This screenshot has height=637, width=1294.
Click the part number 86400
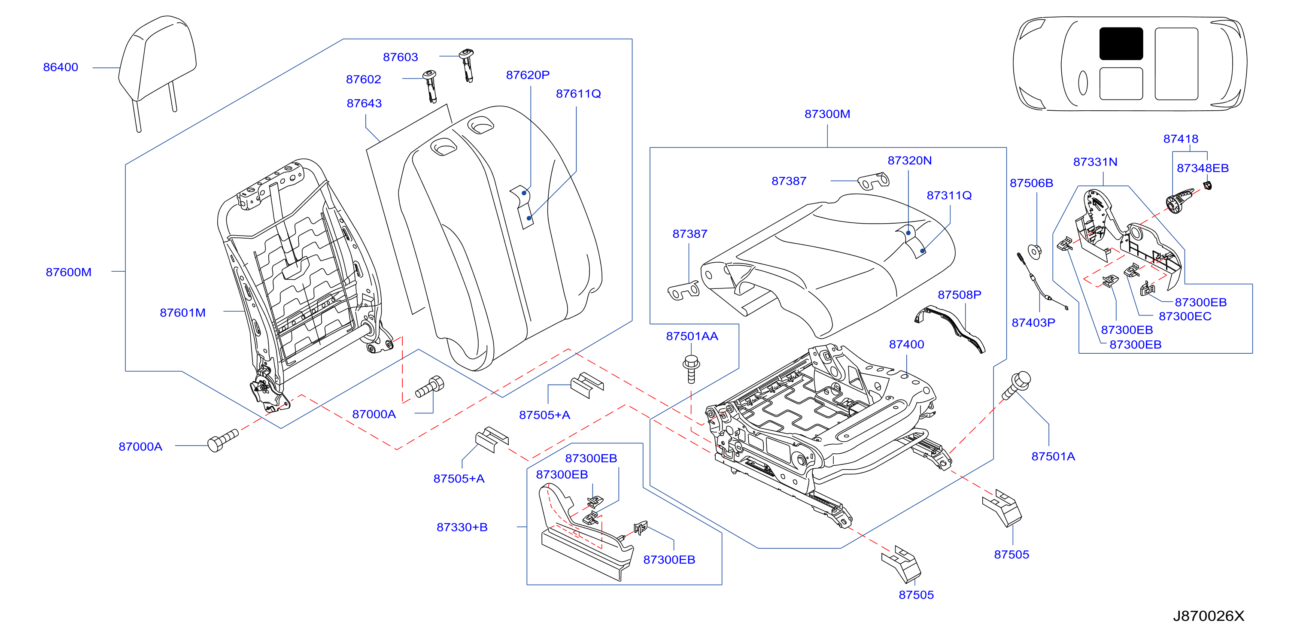[x=61, y=67]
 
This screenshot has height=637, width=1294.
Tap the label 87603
[x=401, y=57]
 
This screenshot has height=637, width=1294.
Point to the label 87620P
[x=528, y=75]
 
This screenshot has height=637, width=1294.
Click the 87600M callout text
[x=68, y=272]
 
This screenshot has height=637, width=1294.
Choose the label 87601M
[x=183, y=312]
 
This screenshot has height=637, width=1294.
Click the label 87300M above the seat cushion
[x=827, y=114]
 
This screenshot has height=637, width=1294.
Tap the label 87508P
[x=960, y=295]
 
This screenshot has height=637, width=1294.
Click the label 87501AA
[x=692, y=336]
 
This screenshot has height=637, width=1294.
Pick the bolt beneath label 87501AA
[x=692, y=369]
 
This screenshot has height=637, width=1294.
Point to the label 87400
[x=907, y=344]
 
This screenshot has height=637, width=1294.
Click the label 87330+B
[x=462, y=527]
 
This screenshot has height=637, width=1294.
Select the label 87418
[x=1181, y=139]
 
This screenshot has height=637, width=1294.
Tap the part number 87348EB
[x=1203, y=168]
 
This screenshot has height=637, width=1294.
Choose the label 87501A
[x=1054, y=456]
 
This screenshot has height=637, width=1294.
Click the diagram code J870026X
[x=1209, y=616]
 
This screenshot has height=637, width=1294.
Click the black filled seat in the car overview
[x=1121, y=44]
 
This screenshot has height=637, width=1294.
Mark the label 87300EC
[x=1185, y=316]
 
